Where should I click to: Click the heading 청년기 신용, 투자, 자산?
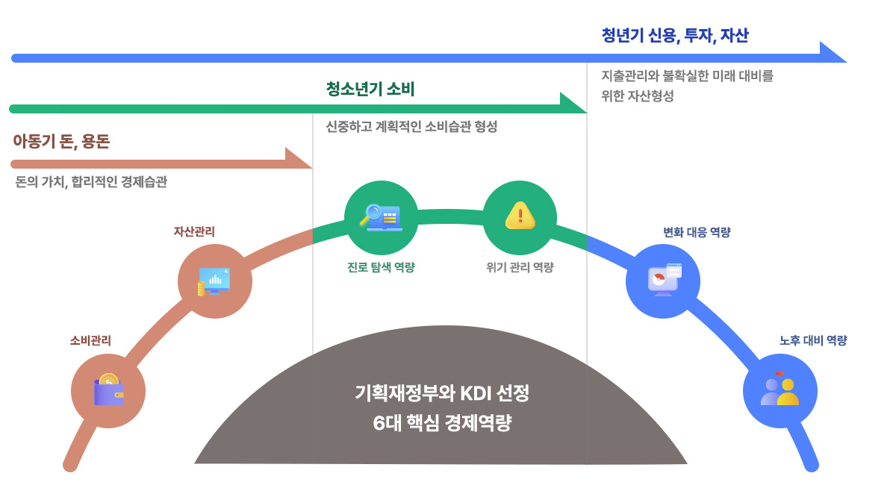pyautogui.click(x=674, y=35)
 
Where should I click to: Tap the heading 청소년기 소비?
pyautogui.click(x=370, y=90)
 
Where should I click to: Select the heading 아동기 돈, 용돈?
pyautogui.click(x=61, y=142)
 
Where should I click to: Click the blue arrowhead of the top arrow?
pyautogui.click(x=832, y=54)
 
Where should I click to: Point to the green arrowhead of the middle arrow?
pyautogui.click(x=572, y=104)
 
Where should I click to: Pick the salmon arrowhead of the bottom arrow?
pyautogui.click(x=297, y=159)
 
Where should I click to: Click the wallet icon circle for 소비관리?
pyautogui.click(x=108, y=390)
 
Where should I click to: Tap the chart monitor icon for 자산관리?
pyautogui.click(x=214, y=281)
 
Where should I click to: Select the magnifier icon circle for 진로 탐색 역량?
pyautogui.click(x=381, y=217)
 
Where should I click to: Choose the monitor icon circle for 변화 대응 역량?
pyautogui.click(x=663, y=281)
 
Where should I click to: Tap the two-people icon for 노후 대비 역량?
pyautogui.click(x=780, y=390)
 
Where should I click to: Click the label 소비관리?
pyautogui.click(x=90, y=340)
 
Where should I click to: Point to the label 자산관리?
pyautogui.click(x=194, y=231)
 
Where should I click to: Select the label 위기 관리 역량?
pyautogui.click(x=520, y=267)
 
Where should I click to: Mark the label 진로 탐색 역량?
pyautogui.click(x=381, y=267)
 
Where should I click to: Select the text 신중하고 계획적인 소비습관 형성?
pyautogui.click(x=411, y=127)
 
